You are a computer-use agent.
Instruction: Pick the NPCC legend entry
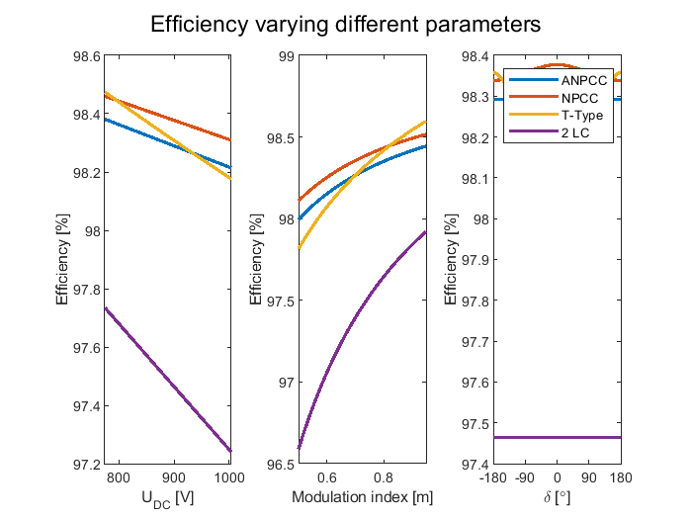[x=578, y=98]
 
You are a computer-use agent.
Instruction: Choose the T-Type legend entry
[x=581, y=116]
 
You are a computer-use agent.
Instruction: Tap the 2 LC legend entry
[x=575, y=133]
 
